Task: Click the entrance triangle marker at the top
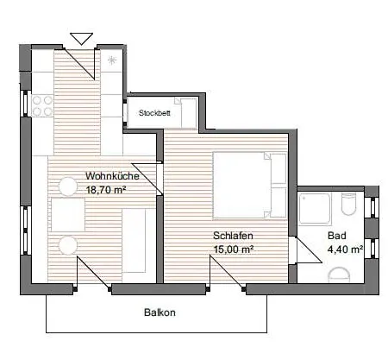pyautogui.click(x=81, y=37)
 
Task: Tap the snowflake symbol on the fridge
pyautogui.click(x=113, y=60)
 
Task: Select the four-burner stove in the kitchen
pyautogui.click(x=40, y=105)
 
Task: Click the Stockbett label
pyautogui.click(x=155, y=111)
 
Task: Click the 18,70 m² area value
pyautogui.click(x=106, y=189)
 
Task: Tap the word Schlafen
pyautogui.click(x=232, y=235)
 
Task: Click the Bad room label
pyautogui.click(x=336, y=236)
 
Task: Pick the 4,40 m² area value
pyautogui.click(x=344, y=249)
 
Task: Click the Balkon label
pyautogui.click(x=160, y=313)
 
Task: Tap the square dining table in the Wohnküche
pyautogui.click(x=68, y=213)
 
